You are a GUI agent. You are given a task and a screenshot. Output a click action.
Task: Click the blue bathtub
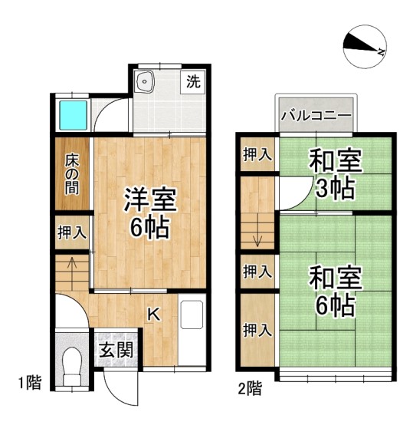73,115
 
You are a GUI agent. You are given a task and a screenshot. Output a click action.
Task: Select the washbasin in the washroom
145,82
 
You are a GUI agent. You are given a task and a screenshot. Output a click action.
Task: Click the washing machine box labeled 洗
193,81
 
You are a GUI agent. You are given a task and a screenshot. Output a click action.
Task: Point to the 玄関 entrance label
116,350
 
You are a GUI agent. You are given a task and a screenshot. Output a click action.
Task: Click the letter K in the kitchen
154,315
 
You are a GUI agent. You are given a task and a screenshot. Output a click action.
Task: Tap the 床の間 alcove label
72,174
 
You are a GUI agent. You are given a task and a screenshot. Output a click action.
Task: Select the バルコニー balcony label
316,116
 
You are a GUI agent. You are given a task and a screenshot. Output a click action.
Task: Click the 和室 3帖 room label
336,174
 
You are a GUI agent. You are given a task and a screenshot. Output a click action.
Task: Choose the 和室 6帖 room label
336,291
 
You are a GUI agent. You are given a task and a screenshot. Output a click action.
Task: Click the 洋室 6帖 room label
150,212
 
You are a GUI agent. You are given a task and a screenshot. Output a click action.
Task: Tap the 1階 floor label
30,383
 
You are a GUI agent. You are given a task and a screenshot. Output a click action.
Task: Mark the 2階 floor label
250,388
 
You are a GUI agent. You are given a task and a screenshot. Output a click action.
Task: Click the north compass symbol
365,47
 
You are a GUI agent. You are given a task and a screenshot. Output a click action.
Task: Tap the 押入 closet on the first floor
72,232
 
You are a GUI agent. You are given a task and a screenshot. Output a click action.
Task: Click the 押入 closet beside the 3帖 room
257,154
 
